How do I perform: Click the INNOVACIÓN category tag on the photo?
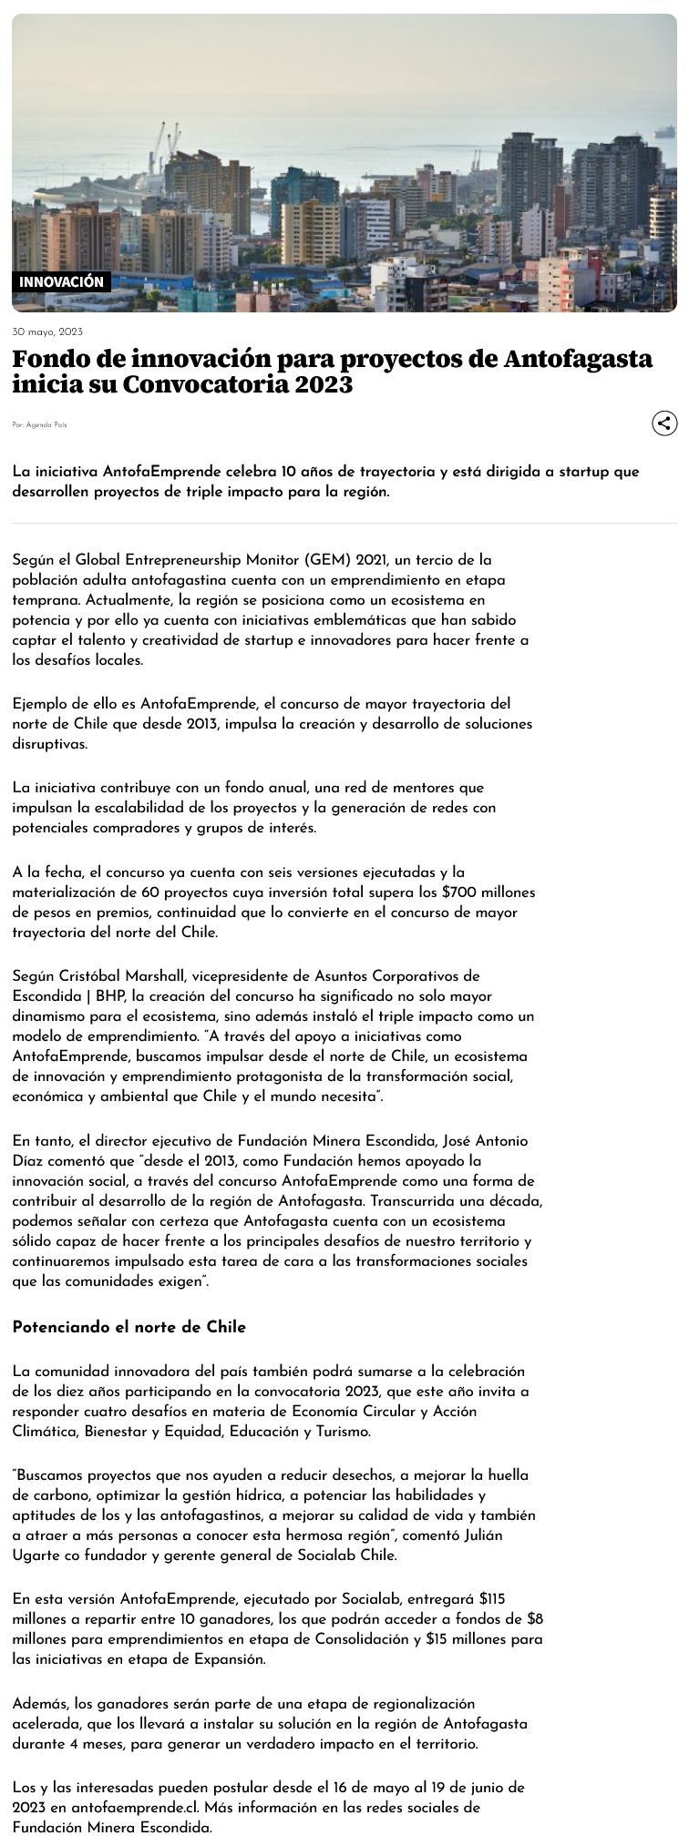[62, 282]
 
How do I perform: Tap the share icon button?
[664, 423]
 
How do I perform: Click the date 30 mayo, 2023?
[47, 331]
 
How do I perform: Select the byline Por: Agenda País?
[39, 424]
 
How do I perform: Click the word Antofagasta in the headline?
[578, 359]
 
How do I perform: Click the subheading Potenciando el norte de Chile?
[129, 1327]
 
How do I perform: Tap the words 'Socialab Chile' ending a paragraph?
[347, 1555]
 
